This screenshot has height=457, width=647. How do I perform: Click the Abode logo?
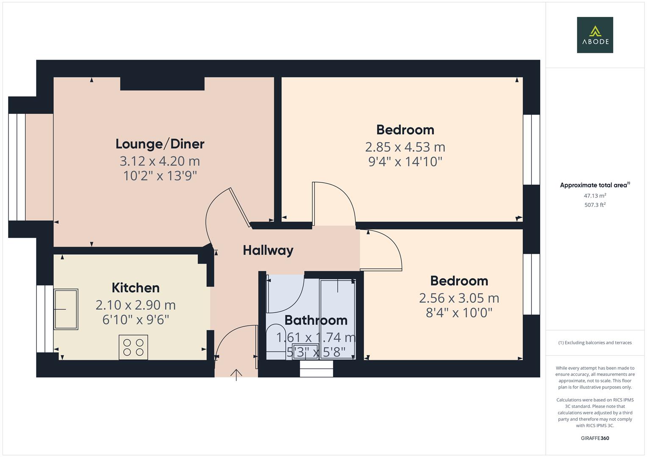pos(594,35)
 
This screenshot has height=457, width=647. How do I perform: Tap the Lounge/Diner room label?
pos(160,144)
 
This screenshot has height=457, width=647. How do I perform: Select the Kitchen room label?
pos(136,288)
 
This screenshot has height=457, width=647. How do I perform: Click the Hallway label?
pos(268,250)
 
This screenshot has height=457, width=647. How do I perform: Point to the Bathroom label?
pos(316,320)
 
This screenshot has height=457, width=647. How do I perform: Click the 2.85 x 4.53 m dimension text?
pos(405,147)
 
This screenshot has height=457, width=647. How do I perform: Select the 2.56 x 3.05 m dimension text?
pos(459,298)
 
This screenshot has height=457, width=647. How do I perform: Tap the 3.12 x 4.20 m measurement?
pos(160,161)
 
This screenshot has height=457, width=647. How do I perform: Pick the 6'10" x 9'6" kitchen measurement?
pos(136,319)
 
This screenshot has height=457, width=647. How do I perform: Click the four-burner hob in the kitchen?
pos(133,347)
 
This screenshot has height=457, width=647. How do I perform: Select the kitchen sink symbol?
pos(66,309)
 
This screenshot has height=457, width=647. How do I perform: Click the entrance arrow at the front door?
pos(236,374)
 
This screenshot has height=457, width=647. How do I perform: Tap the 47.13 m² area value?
pos(594,196)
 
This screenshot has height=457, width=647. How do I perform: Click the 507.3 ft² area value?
pos(594,205)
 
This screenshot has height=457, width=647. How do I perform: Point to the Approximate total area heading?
pos(594,185)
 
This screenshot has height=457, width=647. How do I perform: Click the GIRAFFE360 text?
pos(594,438)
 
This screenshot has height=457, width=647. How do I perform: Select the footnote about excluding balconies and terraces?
pos(594,343)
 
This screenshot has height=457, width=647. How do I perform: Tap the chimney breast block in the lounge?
pos(162,83)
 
